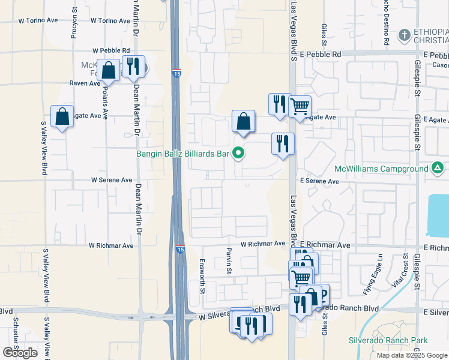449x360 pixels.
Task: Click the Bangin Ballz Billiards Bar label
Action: [184, 154]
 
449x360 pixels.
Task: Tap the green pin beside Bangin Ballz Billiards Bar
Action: [239, 154]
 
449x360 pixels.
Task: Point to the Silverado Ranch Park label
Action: [388, 340]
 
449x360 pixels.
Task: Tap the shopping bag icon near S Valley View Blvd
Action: [62, 117]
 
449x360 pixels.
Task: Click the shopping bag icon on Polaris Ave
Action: [109, 71]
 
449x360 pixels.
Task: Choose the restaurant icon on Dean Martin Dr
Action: [133, 67]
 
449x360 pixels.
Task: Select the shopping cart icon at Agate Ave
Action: [300, 107]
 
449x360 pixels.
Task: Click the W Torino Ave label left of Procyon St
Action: [38, 20]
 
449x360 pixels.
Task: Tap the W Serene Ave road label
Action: [112, 180]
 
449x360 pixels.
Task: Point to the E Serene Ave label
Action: [319, 181]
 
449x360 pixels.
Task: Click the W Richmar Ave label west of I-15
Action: [111, 245]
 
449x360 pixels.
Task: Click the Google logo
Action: [20, 353]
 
